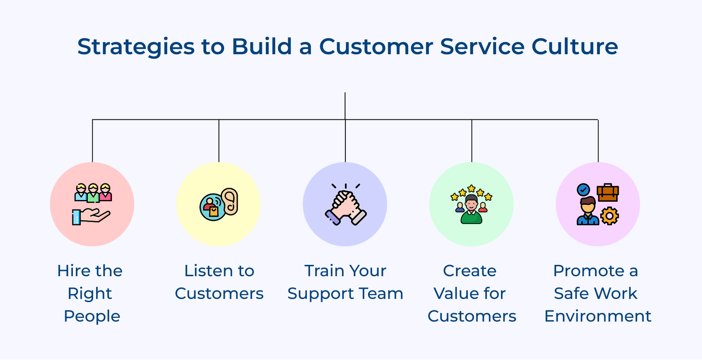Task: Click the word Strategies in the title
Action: [x=136, y=47]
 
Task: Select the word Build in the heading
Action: [x=262, y=46]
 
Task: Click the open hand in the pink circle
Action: [x=91, y=217]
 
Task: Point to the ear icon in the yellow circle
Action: [x=230, y=202]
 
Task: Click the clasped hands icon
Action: [x=345, y=205]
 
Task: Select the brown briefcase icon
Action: [x=608, y=192]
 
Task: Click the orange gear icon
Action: [x=609, y=216]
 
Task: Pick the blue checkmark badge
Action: [x=583, y=189]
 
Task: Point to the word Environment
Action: [x=598, y=316]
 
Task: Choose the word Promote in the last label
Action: [x=588, y=271]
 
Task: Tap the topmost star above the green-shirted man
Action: [x=471, y=188]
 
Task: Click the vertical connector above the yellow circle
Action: [x=219, y=141]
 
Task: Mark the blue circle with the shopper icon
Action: [x=212, y=207]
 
